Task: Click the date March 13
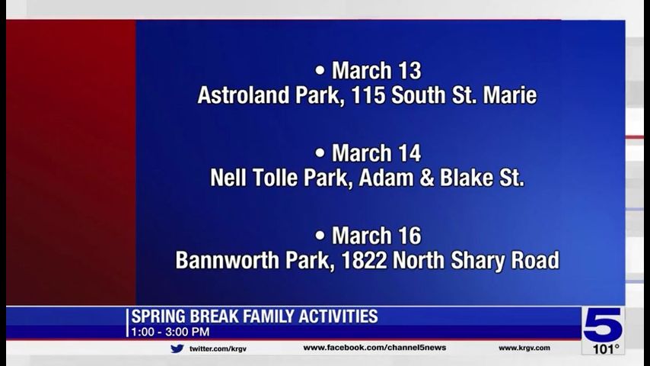pos(376,71)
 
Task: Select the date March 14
pos(376,153)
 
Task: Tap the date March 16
pos(376,235)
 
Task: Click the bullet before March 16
pos(320,235)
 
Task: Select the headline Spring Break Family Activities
pos(254,316)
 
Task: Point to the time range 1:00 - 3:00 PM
pos(170,332)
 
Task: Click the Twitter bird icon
pos(177,348)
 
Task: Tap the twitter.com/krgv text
pos(218,348)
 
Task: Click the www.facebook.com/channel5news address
pos(374,348)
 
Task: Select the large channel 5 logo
pos(603,325)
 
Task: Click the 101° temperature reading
pos(604,349)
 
